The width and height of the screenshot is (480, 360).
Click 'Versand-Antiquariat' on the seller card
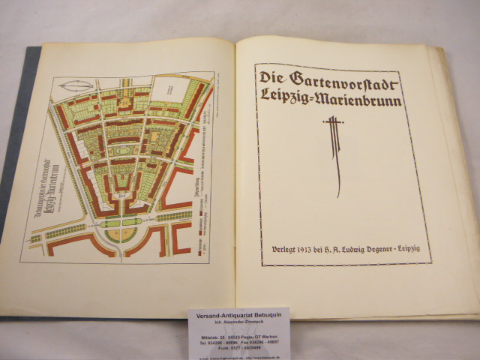(x=220, y=316)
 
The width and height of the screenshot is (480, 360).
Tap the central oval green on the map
(x=120, y=152)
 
